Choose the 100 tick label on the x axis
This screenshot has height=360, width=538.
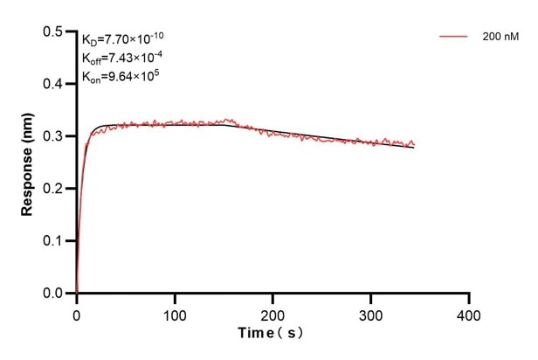[x=175, y=313]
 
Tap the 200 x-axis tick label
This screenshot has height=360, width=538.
[x=273, y=313]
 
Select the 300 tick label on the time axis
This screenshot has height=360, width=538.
[x=371, y=313]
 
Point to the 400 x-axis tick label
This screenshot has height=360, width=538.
[x=470, y=313]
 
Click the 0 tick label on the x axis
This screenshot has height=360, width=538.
[x=77, y=313]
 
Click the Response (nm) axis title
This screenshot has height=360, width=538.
[x=26, y=163]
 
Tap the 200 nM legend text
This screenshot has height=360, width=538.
[x=500, y=37]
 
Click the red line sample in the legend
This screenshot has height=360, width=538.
[x=454, y=37]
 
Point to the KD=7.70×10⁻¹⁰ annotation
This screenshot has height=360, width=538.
[x=122, y=38]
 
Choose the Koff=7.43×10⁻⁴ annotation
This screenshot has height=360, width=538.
[x=122, y=57]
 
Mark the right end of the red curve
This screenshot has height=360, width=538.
[x=415, y=144]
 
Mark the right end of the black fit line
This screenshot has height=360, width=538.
[x=414, y=148]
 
